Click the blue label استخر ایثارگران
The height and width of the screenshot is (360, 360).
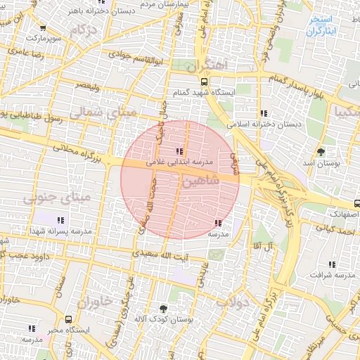coord(323,27)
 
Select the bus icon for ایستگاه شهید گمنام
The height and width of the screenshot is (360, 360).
coord(204,80)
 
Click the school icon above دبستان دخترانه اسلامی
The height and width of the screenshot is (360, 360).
coord(264,112)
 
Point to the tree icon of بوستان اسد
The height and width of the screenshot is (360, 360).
coord(321,152)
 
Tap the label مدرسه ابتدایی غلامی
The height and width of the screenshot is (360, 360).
coord(179,161)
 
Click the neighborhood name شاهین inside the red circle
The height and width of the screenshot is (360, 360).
coord(201,181)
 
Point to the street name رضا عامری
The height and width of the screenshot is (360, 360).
coord(26,53)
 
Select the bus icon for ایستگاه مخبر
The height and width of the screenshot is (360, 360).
coord(68,319)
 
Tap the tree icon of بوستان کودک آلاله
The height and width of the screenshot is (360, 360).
coord(164,309)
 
